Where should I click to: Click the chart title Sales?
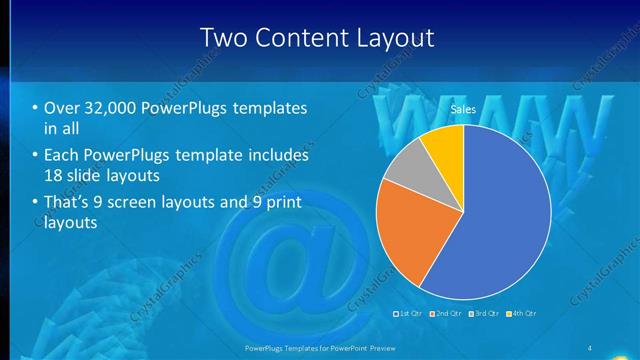coord(463,110)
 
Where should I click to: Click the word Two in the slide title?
coord(223,38)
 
